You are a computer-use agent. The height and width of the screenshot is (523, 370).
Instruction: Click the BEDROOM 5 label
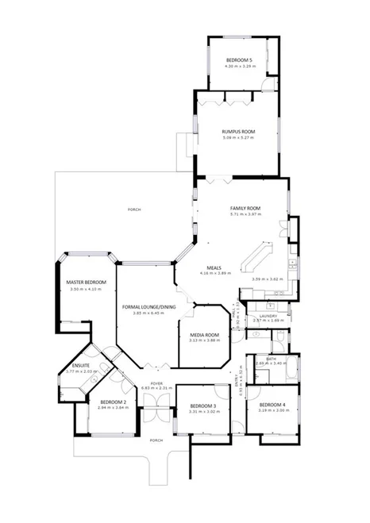click(238, 61)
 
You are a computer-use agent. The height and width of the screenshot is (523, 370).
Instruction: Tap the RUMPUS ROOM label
click(237, 132)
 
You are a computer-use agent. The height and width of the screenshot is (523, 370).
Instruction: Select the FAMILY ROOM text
click(245, 208)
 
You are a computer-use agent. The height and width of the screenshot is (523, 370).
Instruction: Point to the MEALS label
click(214, 267)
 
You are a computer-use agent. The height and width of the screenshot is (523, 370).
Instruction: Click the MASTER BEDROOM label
click(87, 283)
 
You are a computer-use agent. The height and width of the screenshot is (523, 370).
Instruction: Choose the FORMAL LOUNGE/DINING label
click(148, 306)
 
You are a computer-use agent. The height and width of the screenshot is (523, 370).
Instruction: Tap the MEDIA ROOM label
click(204, 335)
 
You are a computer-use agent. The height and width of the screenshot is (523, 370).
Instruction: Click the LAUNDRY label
click(268, 315)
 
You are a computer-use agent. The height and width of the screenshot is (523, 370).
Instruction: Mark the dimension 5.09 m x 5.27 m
click(237, 139)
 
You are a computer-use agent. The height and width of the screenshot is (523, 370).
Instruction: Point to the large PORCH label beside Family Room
click(134, 210)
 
